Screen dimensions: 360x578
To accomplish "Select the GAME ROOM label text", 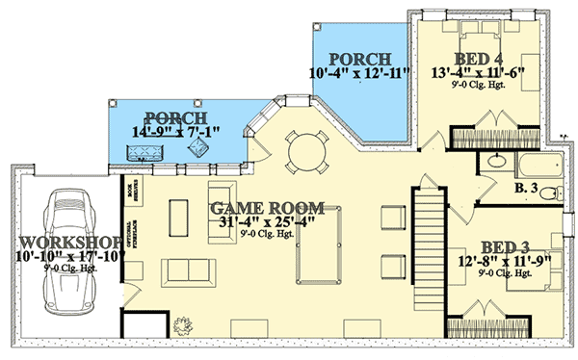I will coord(267,209).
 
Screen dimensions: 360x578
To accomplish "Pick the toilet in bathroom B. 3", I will coord(549,194).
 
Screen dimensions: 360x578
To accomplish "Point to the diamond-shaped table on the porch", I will coord(200,150).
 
